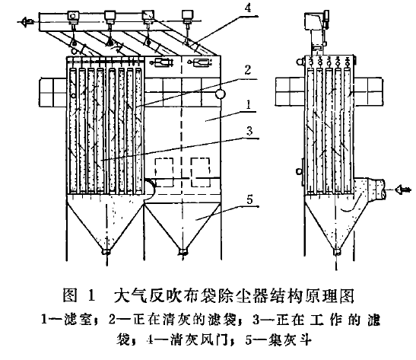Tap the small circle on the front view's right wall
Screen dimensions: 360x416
(x=220, y=94)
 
